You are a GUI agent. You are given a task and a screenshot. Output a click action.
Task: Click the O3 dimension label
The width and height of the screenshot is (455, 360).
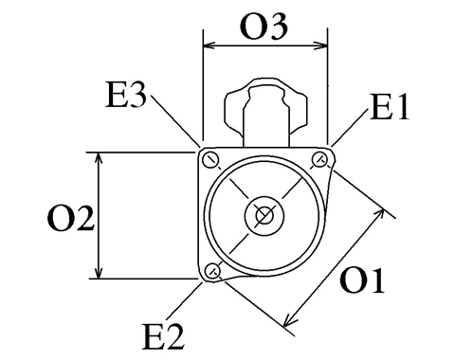264,27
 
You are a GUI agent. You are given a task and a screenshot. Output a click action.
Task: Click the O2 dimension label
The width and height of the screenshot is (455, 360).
71,218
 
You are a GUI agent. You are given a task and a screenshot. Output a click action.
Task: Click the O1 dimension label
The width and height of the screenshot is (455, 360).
362,280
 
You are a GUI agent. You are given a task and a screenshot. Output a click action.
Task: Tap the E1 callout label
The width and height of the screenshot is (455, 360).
390,108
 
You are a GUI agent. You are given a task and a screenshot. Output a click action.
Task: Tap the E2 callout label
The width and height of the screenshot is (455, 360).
163,336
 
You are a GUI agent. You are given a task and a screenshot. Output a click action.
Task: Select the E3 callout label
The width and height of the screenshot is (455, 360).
126,95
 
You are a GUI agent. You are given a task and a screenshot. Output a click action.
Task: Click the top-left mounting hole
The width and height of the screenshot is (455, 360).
210,160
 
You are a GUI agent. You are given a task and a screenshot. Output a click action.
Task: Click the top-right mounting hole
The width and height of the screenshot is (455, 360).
319,159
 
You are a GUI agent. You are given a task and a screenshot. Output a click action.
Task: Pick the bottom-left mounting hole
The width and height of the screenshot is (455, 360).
212,270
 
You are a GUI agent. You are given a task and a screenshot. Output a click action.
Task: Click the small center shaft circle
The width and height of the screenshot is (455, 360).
264,216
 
